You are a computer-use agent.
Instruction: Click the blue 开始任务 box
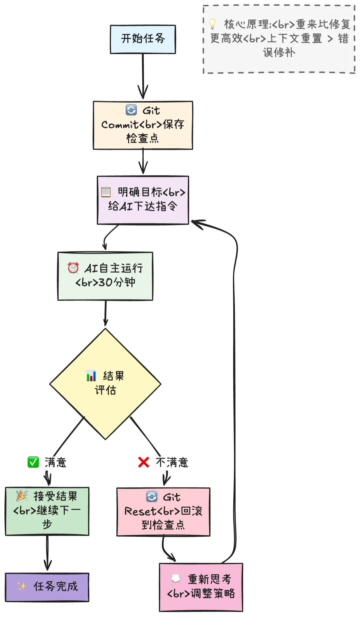(x=143, y=39)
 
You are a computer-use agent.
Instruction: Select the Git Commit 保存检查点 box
(x=143, y=125)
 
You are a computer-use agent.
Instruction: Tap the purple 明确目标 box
(x=143, y=200)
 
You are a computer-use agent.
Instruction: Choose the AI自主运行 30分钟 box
(x=105, y=276)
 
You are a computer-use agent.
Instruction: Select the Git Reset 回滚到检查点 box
(x=163, y=512)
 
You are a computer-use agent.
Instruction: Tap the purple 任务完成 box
(x=47, y=587)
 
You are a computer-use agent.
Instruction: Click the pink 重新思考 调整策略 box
(x=201, y=587)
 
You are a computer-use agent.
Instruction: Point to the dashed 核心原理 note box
(x=279, y=39)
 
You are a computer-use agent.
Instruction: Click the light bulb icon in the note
(x=212, y=24)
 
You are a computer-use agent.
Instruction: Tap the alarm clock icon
(x=73, y=268)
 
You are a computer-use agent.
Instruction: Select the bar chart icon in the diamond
(x=91, y=376)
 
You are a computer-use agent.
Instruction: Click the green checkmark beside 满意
(x=33, y=462)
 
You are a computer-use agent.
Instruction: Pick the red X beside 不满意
(x=144, y=462)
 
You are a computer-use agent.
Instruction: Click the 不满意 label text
(x=172, y=462)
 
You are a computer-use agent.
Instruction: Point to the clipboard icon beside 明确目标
(x=106, y=192)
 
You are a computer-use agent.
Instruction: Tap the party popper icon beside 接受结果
(x=22, y=496)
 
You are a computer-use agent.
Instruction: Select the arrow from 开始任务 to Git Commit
(x=143, y=77)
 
